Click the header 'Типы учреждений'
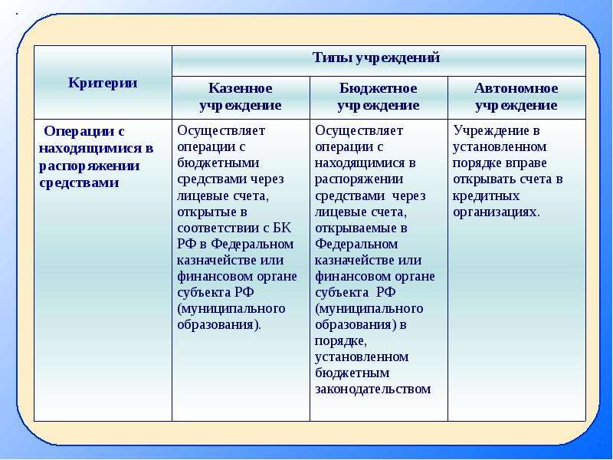click(376, 58)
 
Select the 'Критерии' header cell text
click(103, 83)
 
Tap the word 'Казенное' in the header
click(241, 88)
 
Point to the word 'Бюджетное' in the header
click(378, 88)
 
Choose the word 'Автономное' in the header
click(516, 88)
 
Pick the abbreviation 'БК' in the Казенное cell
click(281, 228)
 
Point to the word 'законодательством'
click(373, 389)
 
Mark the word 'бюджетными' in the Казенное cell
click(218, 163)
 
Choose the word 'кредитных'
click(487, 196)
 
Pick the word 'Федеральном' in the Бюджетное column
click(356, 245)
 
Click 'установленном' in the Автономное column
click(500, 147)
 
